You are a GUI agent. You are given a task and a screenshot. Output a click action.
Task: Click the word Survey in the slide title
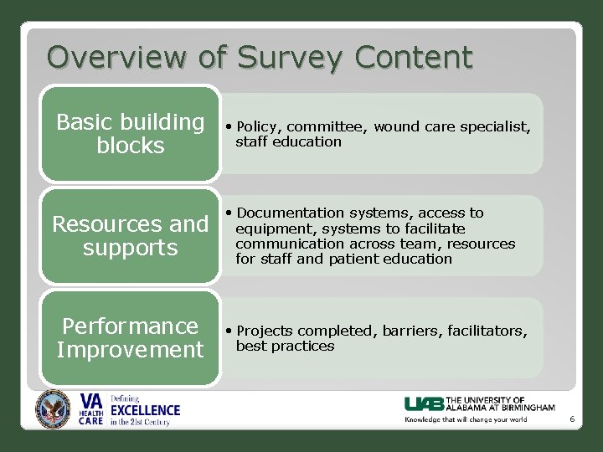[290, 58]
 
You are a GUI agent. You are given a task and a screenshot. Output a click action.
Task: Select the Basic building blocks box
[130, 134]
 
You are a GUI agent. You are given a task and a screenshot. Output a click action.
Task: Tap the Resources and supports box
[130, 236]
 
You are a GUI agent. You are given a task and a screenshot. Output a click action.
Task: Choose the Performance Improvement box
[130, 337]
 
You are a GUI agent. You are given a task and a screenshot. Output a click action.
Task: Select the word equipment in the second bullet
[271, 229]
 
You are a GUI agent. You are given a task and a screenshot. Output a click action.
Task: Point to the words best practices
[285, 346]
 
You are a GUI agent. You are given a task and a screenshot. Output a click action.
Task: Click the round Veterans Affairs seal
[54, 409]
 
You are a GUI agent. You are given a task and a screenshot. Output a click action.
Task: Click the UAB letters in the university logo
[425, 403]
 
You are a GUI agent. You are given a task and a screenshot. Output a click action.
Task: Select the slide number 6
[572, 419]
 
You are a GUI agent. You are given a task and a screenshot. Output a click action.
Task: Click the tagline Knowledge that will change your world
[466, 419]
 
